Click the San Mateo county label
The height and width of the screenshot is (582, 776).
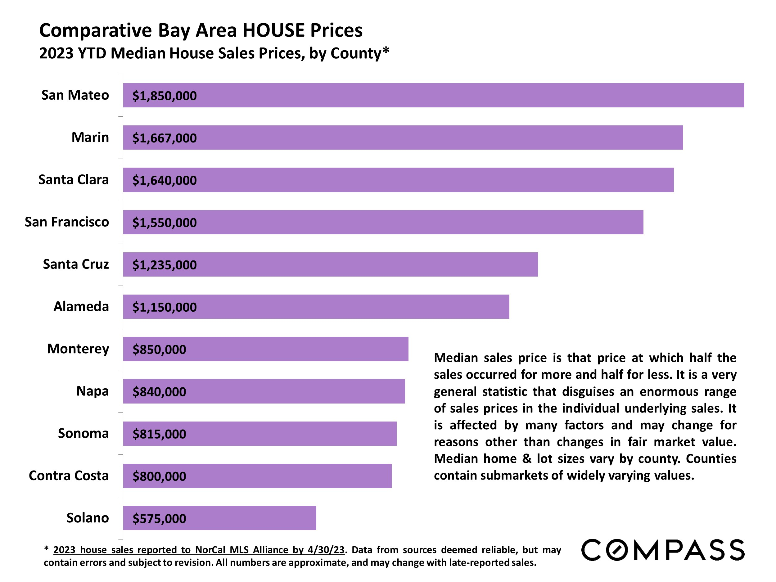[x=75, y=95]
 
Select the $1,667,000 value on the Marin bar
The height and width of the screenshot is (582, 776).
[x=164, y=138]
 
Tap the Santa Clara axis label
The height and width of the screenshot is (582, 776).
[x=73, y=180]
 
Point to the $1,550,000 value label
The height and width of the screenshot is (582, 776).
[x=164, y=223]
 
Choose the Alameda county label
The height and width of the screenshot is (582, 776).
[x=81, y=307]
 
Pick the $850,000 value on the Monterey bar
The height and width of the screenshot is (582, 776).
[x=159, y=350]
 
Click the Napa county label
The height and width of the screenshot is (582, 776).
[x=92, y=391]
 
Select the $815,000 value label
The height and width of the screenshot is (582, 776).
[x=159, y=434]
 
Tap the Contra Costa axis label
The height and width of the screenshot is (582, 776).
[x=69, y=476]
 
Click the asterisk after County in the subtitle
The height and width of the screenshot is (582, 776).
[x=386, y=51]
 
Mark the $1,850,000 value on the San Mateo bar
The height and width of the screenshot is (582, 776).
[x=164, y=96]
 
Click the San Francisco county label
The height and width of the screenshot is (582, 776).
[x=67, y=222]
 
